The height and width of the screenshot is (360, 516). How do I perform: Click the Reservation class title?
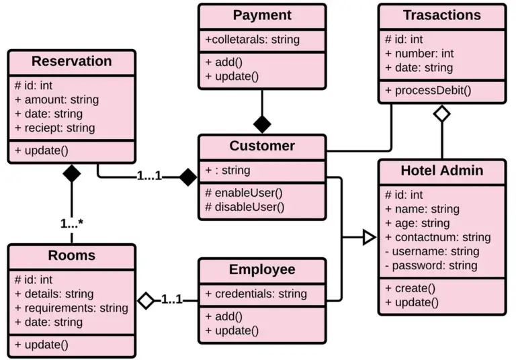71,62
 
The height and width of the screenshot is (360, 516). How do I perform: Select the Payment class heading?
262,15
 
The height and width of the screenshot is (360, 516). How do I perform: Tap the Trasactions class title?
441,15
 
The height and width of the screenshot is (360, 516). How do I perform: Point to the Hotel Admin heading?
441,171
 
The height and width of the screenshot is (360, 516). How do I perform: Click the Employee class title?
262,270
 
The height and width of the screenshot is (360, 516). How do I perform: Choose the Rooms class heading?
71,255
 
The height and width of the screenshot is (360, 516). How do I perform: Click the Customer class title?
262,146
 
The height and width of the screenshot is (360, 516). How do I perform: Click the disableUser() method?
245,207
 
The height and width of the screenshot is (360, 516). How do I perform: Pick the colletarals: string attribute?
253,40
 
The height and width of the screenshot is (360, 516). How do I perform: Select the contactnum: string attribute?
437,237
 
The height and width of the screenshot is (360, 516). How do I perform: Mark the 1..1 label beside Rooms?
171,300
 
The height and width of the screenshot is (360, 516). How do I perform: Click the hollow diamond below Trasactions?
441,114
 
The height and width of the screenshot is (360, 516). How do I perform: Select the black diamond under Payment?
262,124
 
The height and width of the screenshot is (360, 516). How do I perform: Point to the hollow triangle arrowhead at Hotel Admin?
369,236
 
